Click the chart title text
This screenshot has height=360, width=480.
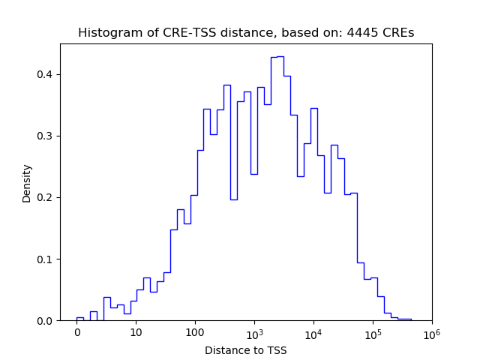(x=246, y=33)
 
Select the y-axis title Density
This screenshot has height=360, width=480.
(x=27, y=183)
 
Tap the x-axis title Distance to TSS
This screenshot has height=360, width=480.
(x=246, y=350)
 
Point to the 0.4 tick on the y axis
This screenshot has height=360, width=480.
(x=46, y=74)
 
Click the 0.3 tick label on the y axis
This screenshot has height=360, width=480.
(x=46, y=136)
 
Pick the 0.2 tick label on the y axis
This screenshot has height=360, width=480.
(x=46, y=197)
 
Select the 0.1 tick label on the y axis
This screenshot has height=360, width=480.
(x=46, y=259)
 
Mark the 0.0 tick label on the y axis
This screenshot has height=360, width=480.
(x=46, y=321)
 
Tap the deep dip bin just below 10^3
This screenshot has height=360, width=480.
(x=233, y=199)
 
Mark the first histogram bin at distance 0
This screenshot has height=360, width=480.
(x=80, y=318)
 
